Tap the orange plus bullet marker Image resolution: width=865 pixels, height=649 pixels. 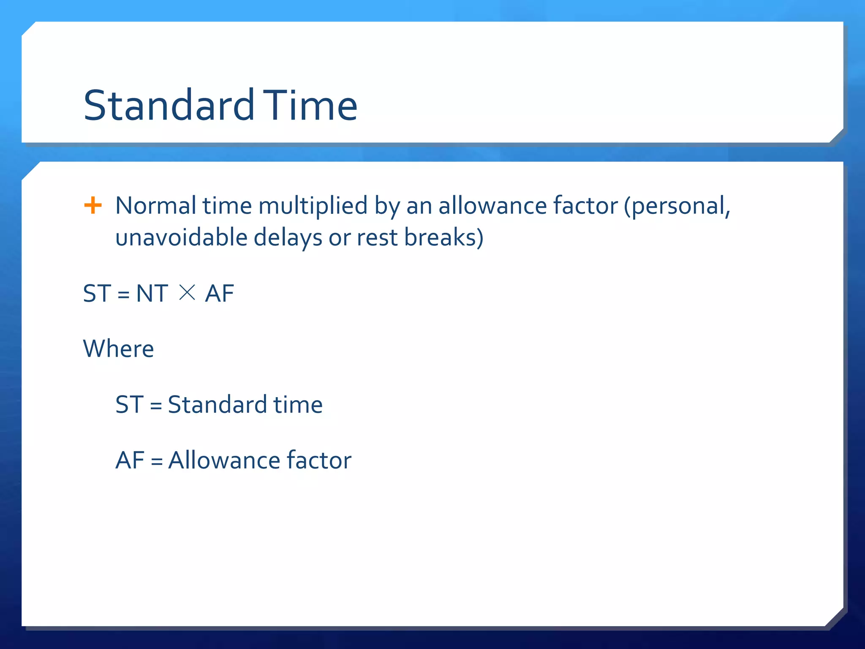pyautogui.click(x=93, y=206)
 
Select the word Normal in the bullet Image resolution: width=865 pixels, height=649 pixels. pyautogui.click(x=155, y=206)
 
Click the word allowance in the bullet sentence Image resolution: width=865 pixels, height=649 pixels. pyautogui.click(x=492, y=206)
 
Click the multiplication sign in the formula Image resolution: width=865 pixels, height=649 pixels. pyautogui.click(x=187, y=292)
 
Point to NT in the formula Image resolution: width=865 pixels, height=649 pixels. pyautogui.click(x=152, y=293)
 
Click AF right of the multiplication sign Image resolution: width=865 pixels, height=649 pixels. pyautogui.click(x=219, y=293)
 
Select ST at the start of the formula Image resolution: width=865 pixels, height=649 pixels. pyautogui.click(x=97, y=293)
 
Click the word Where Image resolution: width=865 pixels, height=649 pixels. pyautogui.click(x=119, y=349)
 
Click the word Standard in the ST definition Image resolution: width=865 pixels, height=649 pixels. pyautogui.click(x=218, y=404)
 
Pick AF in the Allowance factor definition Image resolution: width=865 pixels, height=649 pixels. pyautogui.click(x=130, y=460)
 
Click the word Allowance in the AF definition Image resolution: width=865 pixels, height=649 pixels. pyautogui.click(x=224, y=460)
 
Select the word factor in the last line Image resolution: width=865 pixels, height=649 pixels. pyautogui.click(x=319, y=460)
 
